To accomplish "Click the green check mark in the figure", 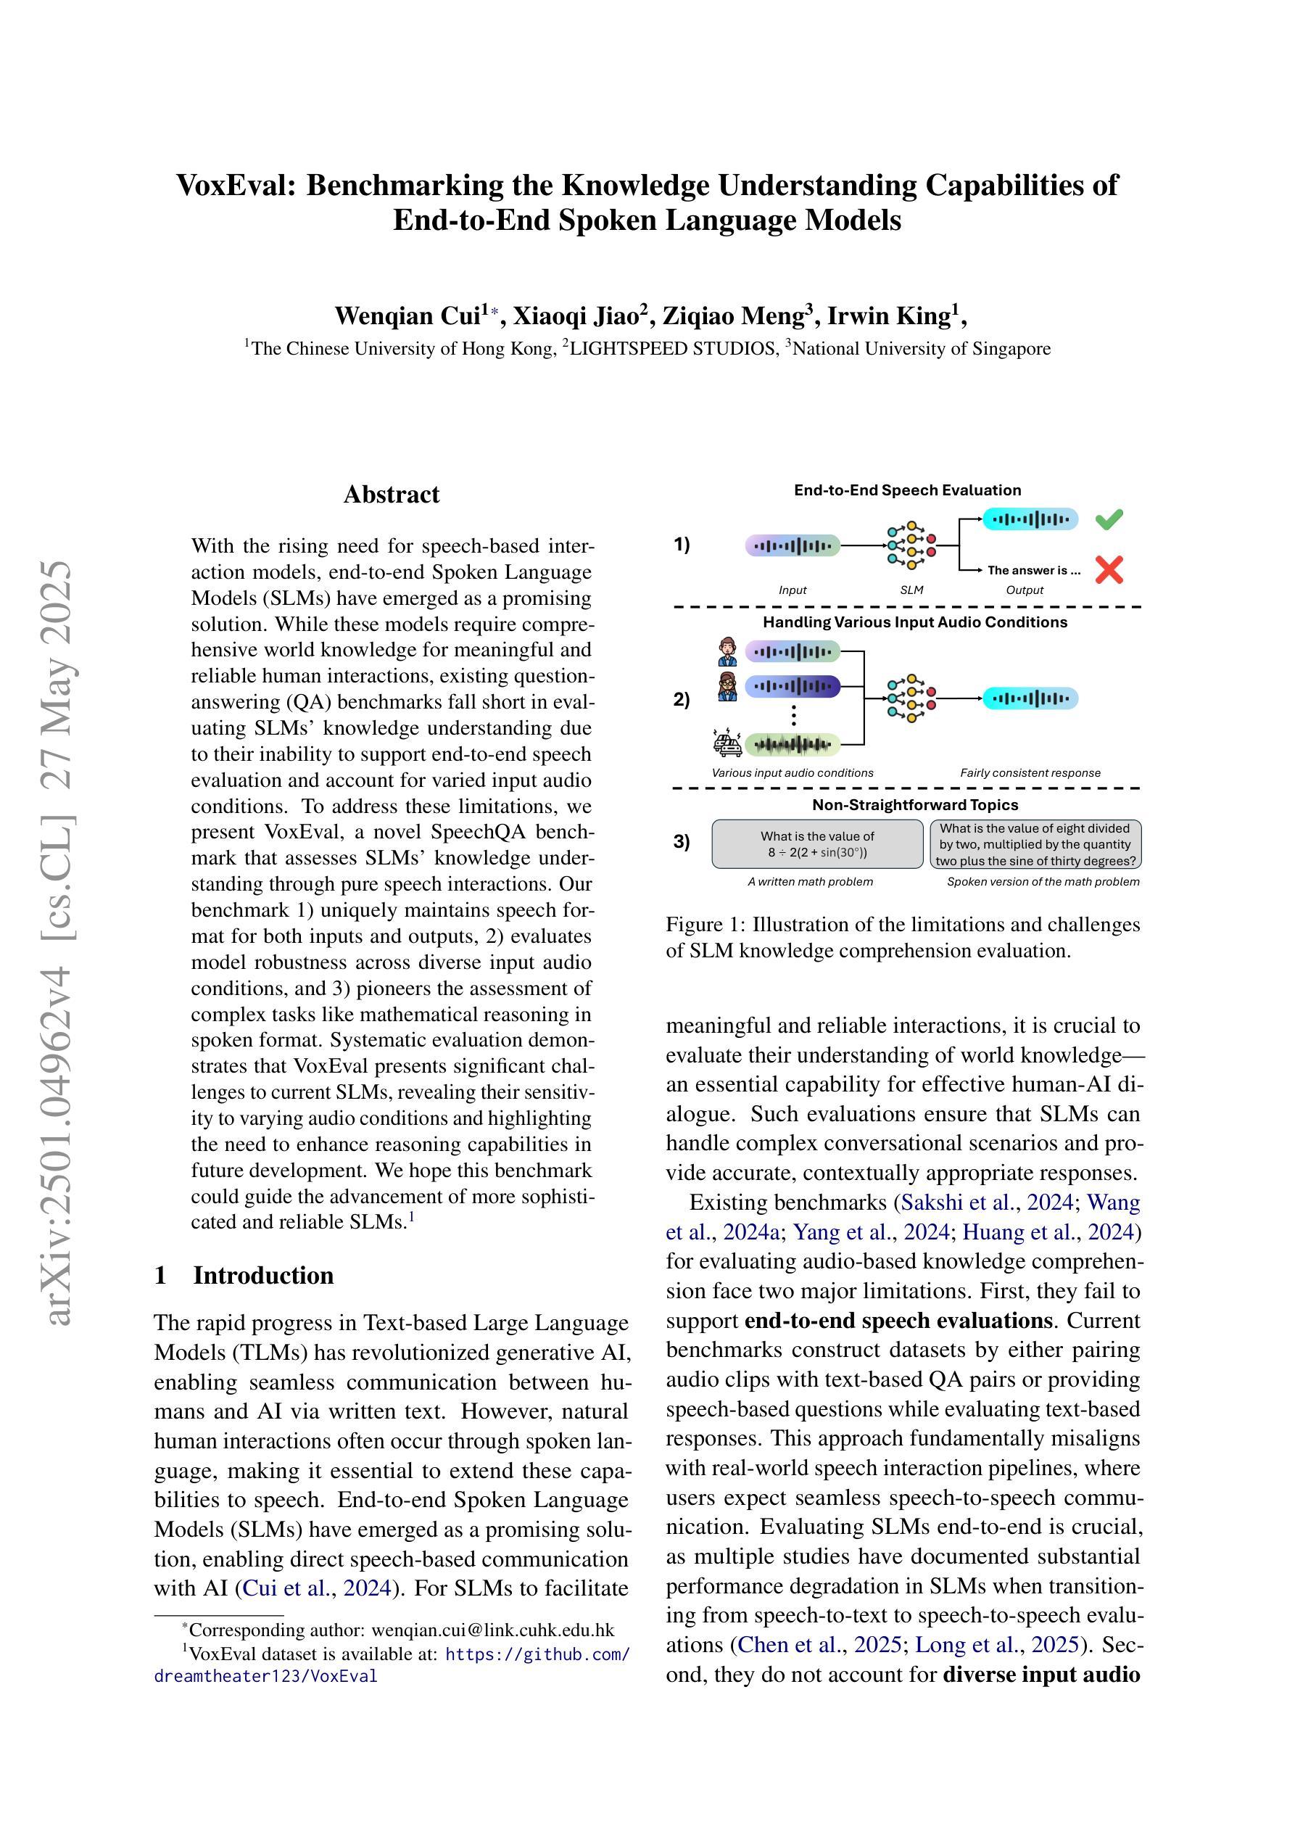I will coord(1109,519).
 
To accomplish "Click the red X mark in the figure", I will coord(1109,570).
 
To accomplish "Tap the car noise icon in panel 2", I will coord(727,743).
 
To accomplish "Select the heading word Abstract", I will coord(391,495).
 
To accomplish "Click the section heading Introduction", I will coord(263,1275).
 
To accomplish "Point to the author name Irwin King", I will coord(890,316).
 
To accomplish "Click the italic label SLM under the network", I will coord(911,590).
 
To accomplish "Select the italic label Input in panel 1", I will coord(793,590).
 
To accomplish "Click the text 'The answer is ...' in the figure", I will coord(1033,571).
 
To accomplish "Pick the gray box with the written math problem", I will coord(817,844).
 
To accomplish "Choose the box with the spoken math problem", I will coord(1035,844).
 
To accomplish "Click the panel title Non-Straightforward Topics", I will coord(914,805).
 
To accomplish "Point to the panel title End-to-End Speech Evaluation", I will coord(907,491).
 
